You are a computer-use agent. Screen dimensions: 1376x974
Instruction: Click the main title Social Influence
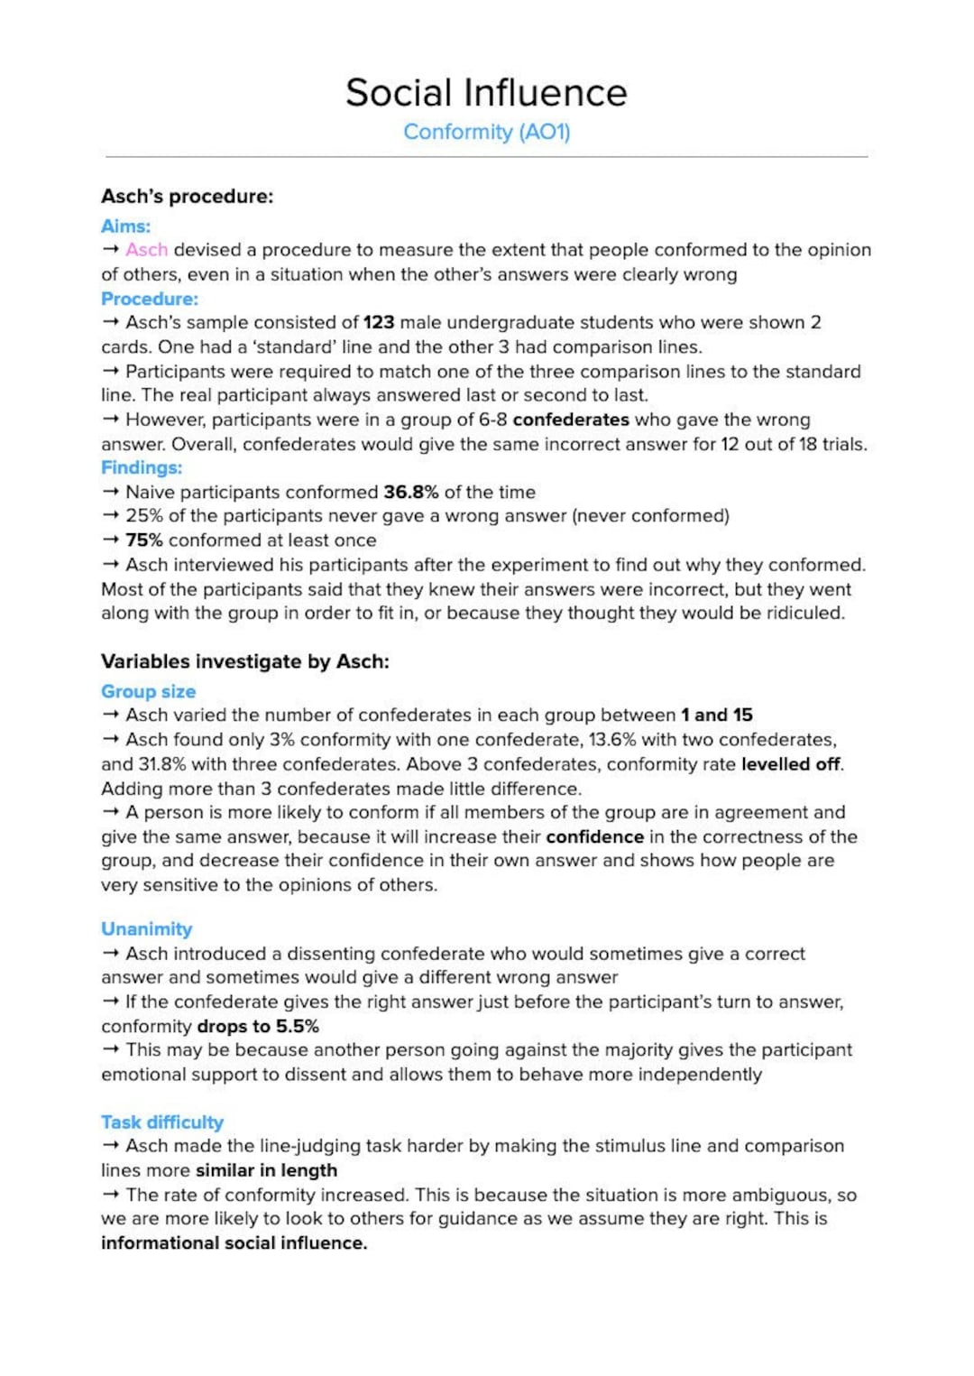tap(486, 93)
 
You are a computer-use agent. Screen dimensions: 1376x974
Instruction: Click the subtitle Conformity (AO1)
tap(486, 132)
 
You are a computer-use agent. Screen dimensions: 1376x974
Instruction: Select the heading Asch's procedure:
tap(187, 197)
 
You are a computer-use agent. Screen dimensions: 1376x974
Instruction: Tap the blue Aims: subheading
tap(125, 226)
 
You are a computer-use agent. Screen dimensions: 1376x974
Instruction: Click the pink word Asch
tap(146, 250)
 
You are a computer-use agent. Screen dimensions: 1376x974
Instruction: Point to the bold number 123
tap(379, 322)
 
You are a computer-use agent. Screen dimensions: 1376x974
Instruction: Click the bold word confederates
tap(570, 420)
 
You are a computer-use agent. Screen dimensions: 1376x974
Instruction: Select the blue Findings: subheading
tap(142, 467)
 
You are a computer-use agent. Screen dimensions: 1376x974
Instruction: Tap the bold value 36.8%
tap(410, 492)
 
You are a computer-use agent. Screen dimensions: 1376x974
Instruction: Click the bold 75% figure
tap(144, 540)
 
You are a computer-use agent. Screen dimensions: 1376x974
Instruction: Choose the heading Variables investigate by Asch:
tap(244, 661)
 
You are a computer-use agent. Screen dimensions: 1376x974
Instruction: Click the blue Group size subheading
tap(148, 691)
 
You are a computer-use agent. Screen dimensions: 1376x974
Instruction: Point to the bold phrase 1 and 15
tap(716, 716)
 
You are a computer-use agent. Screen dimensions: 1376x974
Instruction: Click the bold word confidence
tap(594, 836)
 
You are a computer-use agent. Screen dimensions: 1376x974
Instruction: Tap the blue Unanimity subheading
tap(146, 929)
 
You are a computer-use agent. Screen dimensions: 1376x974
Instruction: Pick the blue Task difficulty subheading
tap(162, 1122)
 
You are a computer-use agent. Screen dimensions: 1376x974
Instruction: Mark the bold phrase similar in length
tap(266, 1170)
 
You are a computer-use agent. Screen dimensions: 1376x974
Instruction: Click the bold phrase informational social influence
tap(234, 1242)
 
